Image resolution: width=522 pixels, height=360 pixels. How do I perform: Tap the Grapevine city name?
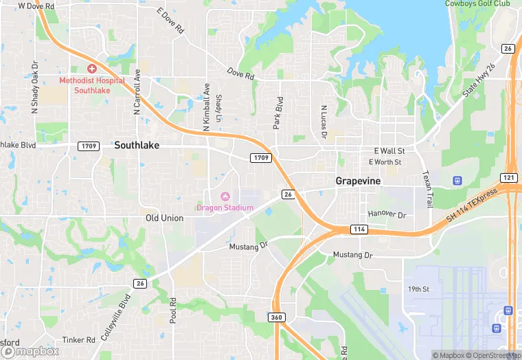point(358,181)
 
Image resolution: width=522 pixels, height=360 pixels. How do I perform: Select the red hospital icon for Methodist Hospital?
point(92,69)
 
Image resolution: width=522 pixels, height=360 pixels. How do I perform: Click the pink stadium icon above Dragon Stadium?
point(225,196)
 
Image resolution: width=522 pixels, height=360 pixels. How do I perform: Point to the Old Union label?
point(164,218)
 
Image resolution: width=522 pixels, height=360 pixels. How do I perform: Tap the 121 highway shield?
point(508,177)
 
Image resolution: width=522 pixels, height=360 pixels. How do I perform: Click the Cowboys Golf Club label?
point(477,3)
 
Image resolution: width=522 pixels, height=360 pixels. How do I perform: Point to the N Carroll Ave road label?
point(137,91)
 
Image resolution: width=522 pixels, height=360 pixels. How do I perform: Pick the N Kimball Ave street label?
point(206,104)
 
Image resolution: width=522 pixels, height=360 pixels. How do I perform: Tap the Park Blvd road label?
point(279,113)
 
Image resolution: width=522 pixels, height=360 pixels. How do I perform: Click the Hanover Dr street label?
point(387,214)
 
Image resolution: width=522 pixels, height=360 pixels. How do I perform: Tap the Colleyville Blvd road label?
point(125,311)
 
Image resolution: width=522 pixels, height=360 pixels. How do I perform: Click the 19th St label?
point(418,289)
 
